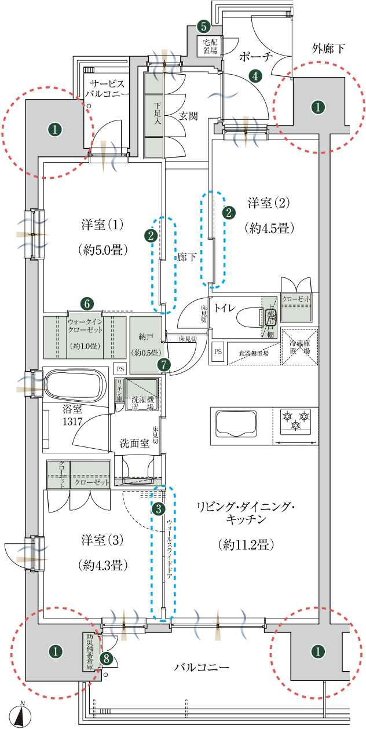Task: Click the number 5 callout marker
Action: [x=203, y=26]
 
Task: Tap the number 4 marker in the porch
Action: [x=254, y=75]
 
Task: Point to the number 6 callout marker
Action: [x=86, y=303]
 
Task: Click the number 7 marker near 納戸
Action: [x=164, y=365]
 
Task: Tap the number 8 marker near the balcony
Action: [x=106, y=658]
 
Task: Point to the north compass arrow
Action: [x=21, y=716]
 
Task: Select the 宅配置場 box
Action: [x=210, y=46]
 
